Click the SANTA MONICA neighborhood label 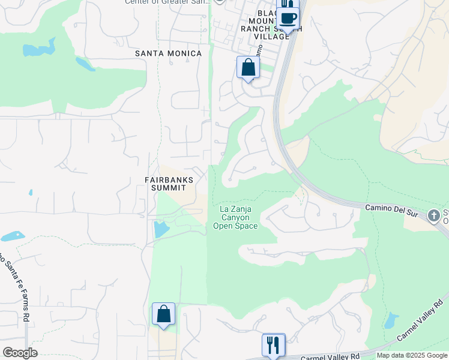pyautogui.click(x=168, y=53)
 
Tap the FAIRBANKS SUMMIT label pyautogui.click(x=169, y=184)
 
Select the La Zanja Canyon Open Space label pyautogui.click(x=235, y=217)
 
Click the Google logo pyautogui.click(x=20, y=353)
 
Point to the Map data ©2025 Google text pyautogui.click(x=412, y=355)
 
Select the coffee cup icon pyautogui.click(x=288, y=18)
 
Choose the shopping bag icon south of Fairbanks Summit pyautogui.click(x=163, y=314)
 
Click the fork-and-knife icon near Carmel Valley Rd pyautogui.click(x=273, y=344)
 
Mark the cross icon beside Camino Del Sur pyautogui.click(x=434, y=215)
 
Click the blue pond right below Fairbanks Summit pyautogui.click(x=161, y=229)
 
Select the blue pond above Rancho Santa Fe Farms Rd pyautogui.click(x=12, y=236)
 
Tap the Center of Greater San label pyautogui.click(x=167, y=2)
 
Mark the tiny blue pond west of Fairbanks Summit pyautogui.click(x=30, y=193)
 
